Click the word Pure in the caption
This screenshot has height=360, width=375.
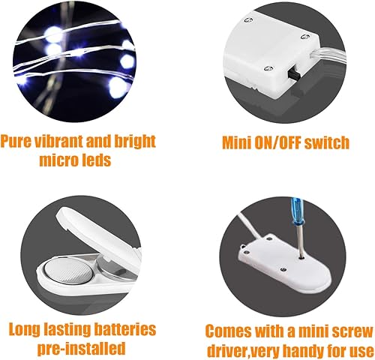[19, 140]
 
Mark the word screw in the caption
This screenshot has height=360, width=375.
[342, 331]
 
